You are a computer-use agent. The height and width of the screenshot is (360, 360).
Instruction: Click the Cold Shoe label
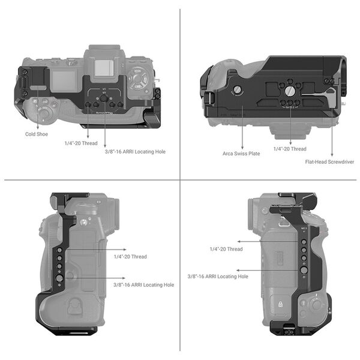37,135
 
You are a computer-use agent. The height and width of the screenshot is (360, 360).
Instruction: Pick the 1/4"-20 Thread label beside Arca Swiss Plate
290,149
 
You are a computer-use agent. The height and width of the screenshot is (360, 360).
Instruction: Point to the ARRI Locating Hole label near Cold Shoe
135,152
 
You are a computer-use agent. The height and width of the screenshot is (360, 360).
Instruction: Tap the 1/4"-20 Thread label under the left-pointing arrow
226,249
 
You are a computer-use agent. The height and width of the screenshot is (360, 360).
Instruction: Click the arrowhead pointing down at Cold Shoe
37,125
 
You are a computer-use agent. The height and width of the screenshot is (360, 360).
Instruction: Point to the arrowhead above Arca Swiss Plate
242,146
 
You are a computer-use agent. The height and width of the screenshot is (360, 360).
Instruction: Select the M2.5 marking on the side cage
304,229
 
